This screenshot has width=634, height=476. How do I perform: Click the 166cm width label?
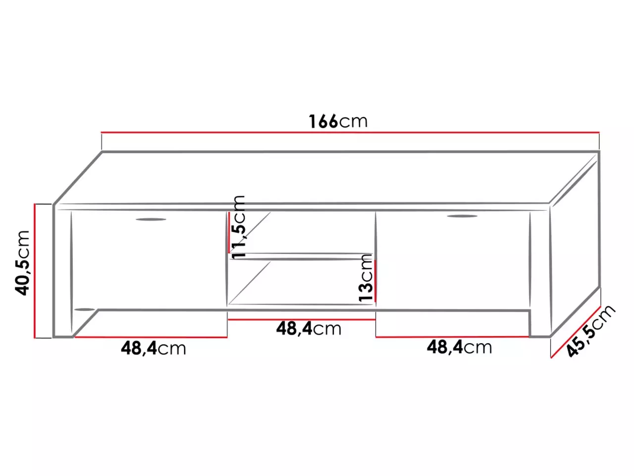point(338,121)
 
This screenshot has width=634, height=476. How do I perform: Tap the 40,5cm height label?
point(22,263)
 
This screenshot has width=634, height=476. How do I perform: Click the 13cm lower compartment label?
point(365,278)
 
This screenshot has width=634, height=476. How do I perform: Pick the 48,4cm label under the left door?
point(154,349)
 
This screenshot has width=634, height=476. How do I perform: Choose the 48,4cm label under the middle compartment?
point(309,329)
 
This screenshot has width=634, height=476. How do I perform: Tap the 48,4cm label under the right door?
point(459,347)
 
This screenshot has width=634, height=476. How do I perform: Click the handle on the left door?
point(151,219)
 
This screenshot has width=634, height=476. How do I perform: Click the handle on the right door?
point(462,216)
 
